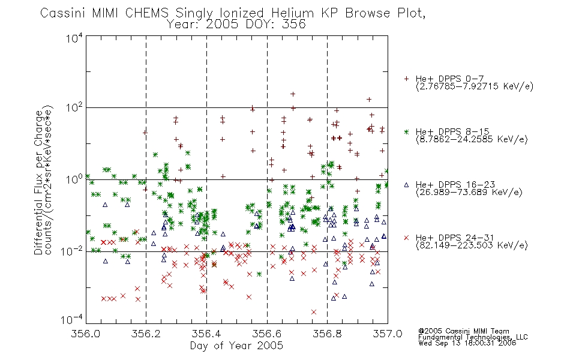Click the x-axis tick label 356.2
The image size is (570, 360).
[x=146, y=334]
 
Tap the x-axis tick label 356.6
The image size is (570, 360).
[x=267, y=334]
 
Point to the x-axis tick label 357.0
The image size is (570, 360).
[x=388, y=334]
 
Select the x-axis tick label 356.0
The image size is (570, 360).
[x=86, y=334]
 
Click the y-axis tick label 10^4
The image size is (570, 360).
[x=74, y=38]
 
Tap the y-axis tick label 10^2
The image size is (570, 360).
[x=74, y=108]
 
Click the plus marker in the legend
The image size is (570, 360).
[x=407, y=79]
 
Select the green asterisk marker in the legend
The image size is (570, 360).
[x=407, y=131]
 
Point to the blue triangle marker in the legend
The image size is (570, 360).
[x=407, y=185]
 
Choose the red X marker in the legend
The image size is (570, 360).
[x=407, y=238]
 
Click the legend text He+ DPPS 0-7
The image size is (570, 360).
[x=449, y=79]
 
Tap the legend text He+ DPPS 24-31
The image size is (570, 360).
[x=455, y=238]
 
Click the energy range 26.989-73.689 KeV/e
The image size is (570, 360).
[x=469, y=193]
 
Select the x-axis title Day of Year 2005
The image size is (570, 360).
[x=236, y=346]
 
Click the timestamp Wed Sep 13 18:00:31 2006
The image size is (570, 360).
[x=467, y=343]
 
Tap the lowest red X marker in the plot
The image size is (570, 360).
[x=314, y=312]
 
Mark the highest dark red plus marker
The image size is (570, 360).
[x=293, y=94]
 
